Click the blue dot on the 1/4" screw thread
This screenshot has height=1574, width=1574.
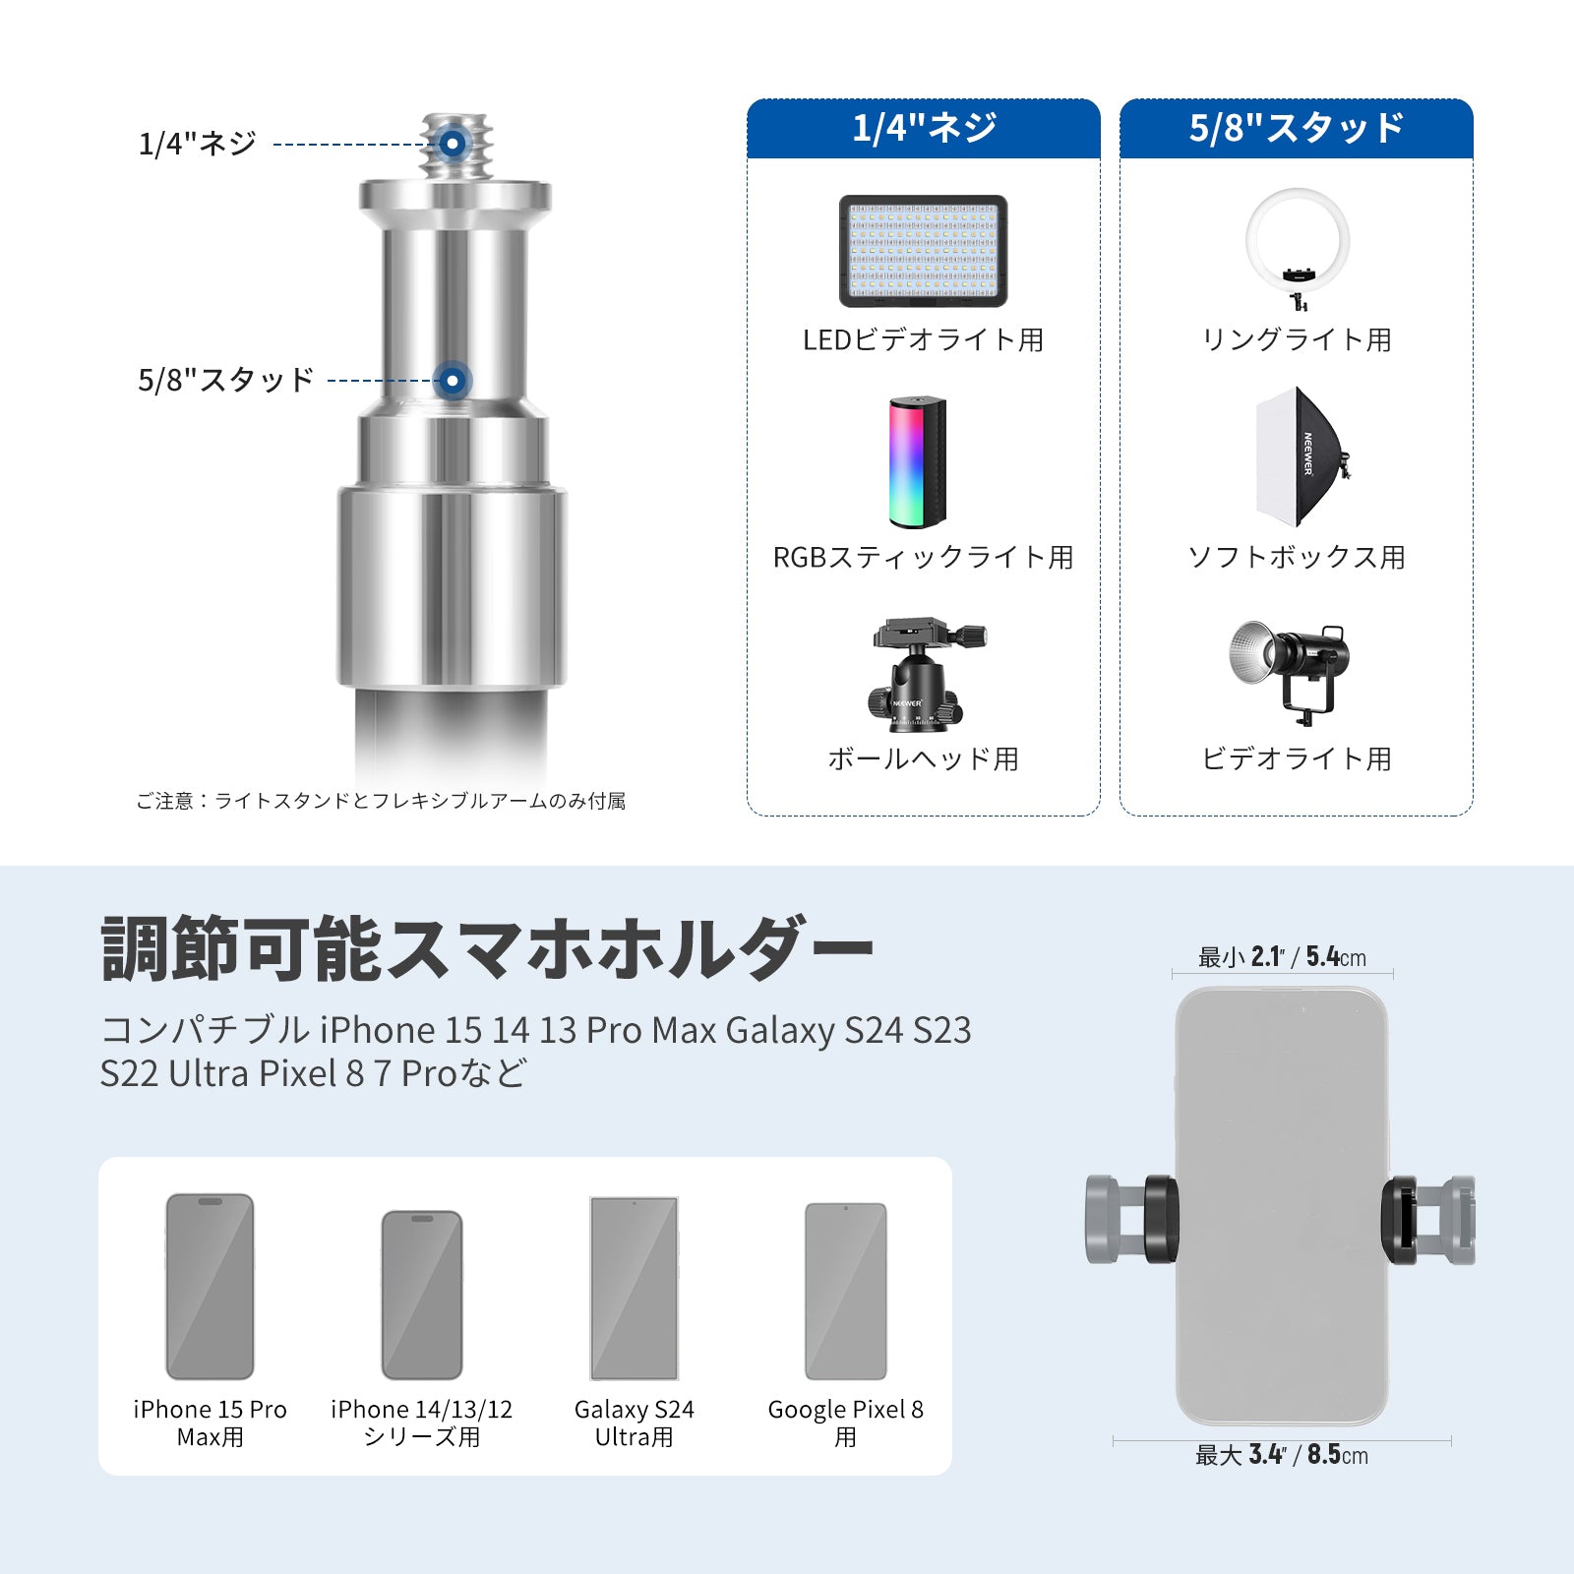[x=453, y=144]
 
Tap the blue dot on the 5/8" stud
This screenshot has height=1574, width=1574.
[x=453, y=380]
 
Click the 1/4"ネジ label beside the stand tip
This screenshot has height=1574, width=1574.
[x=198, y=144]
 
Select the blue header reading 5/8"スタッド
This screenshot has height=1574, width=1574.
[x=1297, y=129]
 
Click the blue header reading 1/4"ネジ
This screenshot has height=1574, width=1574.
[x=924, y=129]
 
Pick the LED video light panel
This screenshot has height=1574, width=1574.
[x=923, y=251]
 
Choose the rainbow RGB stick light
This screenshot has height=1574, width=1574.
[x=918, y=462]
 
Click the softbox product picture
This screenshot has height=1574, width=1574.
[x=1301, y=456]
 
